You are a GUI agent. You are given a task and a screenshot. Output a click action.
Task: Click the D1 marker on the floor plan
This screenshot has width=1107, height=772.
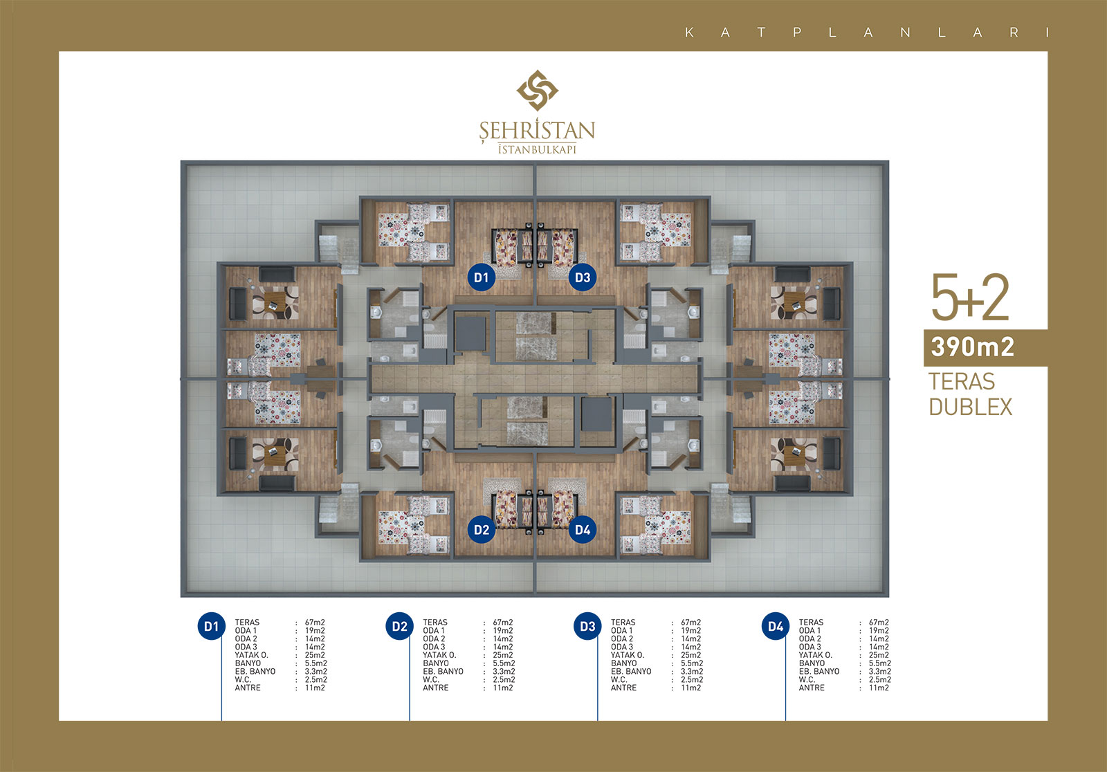482,277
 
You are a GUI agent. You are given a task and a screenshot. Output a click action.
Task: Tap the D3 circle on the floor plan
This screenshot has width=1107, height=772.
582,277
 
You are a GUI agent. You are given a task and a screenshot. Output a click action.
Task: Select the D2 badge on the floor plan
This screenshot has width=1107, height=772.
482,530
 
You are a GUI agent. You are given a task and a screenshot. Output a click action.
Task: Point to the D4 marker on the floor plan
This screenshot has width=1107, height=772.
582,530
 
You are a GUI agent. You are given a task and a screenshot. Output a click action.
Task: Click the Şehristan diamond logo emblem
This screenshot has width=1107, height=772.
537,90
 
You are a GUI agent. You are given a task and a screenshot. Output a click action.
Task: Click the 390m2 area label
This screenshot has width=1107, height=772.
973,347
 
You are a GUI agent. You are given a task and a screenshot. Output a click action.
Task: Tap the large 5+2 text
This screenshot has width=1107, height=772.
969,297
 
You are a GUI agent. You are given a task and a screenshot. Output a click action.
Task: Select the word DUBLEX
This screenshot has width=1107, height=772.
971,407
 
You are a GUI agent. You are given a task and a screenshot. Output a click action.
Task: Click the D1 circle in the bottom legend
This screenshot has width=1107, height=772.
212,626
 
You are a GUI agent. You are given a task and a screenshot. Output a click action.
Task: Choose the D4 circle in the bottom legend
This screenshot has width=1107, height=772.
776,626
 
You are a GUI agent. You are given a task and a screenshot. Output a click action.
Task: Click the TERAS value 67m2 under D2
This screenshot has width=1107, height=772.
502,623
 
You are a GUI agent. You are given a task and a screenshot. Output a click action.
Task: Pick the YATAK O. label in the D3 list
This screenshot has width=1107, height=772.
627,655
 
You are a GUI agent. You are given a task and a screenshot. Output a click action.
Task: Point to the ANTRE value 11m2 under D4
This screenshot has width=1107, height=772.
879,688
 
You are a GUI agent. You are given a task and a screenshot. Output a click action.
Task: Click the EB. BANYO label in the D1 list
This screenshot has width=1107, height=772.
255,671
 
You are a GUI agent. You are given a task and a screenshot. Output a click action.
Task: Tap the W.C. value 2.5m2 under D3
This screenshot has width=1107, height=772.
692,679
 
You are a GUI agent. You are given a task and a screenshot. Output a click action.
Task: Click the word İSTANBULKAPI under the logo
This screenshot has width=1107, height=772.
537,149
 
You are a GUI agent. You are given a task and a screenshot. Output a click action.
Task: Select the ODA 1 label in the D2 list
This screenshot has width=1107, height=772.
433,631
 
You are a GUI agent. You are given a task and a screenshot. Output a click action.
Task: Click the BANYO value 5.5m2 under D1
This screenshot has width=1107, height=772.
315,663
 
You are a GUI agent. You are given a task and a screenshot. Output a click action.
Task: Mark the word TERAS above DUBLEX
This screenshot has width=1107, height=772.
961,382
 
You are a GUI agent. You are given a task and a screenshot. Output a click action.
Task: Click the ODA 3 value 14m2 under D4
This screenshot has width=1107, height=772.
879,647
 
